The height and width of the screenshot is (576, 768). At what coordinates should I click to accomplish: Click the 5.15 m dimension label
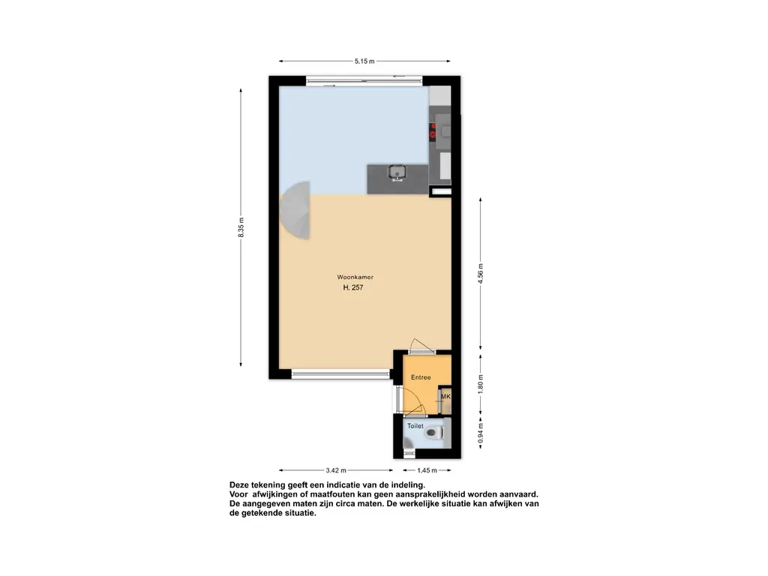[x=364, y=61]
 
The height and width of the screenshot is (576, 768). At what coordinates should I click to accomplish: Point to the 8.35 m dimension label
[x=241, y=228]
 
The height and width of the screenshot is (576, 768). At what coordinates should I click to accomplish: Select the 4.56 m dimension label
[x=481, y=273]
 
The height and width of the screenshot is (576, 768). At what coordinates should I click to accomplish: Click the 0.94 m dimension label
[x=481, y=433]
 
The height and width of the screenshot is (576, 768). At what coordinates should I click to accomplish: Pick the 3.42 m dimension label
[x=336, y=470]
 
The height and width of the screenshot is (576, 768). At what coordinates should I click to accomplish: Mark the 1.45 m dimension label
[x=427, y=470]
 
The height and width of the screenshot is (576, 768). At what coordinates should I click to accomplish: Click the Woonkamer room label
[x=355, y=277]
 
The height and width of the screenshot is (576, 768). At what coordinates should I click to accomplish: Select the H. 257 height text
[x=353, y=287]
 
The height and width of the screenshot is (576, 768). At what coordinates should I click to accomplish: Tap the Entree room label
[x=421, y=377]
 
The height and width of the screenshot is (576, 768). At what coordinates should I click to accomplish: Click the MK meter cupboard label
[x=445, y=396]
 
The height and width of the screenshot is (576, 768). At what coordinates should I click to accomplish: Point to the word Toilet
[x=415, y=426]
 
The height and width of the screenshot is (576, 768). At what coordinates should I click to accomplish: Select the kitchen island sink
[x=397, y=173]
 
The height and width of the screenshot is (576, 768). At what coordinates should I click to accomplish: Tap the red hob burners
[x=433, y=130]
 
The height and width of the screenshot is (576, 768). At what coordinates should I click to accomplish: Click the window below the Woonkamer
[x=341, y=375]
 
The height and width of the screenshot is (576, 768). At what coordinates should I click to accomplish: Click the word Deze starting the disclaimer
[x=239, y=485]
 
